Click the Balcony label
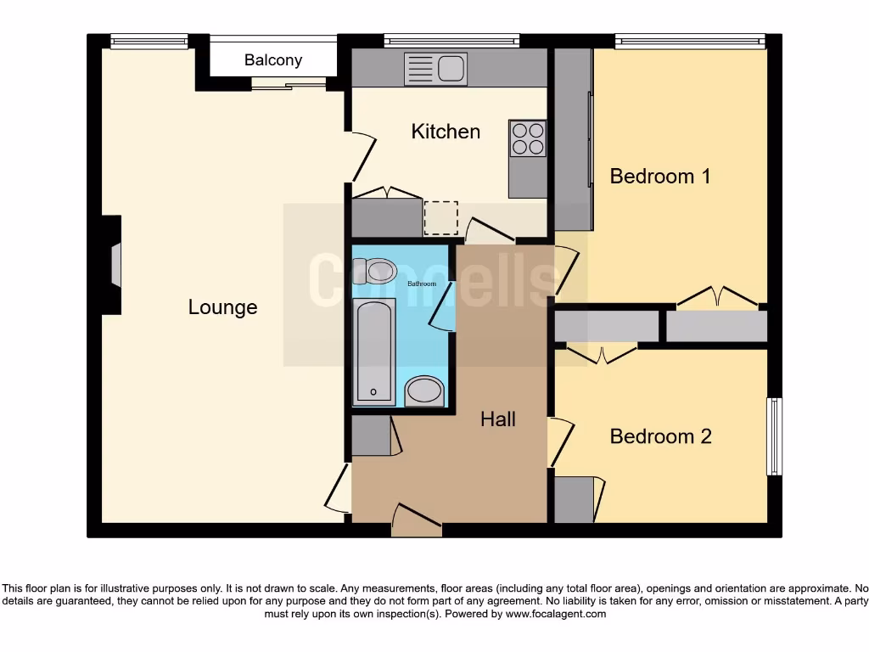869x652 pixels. [272, 60]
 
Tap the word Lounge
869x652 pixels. [222, 307]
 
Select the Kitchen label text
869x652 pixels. [446, 132]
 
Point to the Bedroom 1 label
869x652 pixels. [659, 177]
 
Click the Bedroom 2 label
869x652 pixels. [660, 436]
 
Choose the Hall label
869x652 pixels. [498, 419]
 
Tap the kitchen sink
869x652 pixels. [435, 69]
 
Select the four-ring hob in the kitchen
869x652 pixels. [527, 138]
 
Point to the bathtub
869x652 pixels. [373, 351]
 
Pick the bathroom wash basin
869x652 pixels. [423, 391]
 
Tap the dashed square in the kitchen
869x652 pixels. [440, 218]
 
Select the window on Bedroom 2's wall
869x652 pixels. [774, 436]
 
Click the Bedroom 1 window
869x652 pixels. [689, 40]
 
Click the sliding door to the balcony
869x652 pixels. [289, 82]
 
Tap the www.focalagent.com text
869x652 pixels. [556, 614]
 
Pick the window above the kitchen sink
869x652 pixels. [451, 40]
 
